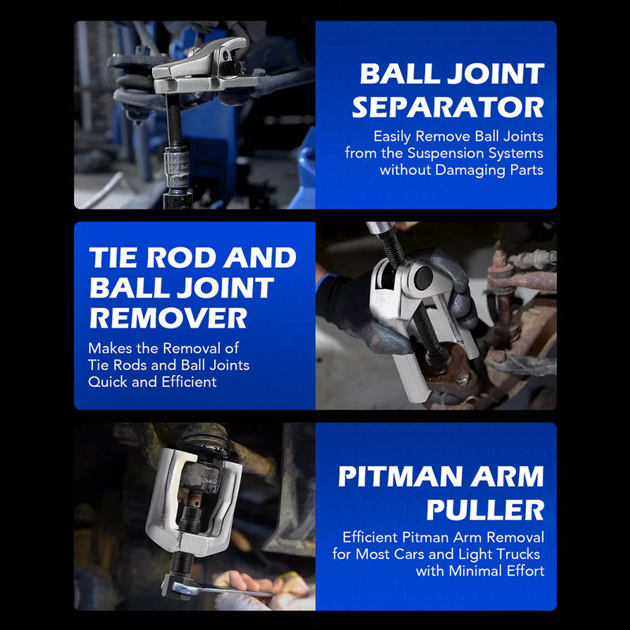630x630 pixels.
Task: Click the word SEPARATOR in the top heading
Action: tap(448, 106)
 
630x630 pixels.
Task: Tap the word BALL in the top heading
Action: tap(393, 74)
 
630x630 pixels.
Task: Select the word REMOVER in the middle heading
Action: tap(168, 318)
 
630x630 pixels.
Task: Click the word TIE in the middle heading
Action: tap(116, 257)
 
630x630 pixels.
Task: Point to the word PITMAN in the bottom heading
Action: tap(402, 476)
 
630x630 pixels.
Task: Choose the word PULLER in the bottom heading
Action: tap(485, 509)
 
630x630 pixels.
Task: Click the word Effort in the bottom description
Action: tap(524, 571)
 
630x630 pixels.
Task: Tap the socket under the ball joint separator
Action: tap(177, 168)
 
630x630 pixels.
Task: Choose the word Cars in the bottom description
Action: tap(423, 554)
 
